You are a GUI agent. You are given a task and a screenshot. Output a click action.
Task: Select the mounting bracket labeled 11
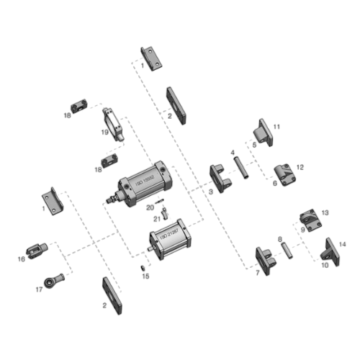click(260, 134)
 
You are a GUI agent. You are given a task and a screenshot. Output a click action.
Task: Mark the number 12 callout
click(301, 167)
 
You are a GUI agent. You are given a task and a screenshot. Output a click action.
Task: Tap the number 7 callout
click(257, 273)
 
